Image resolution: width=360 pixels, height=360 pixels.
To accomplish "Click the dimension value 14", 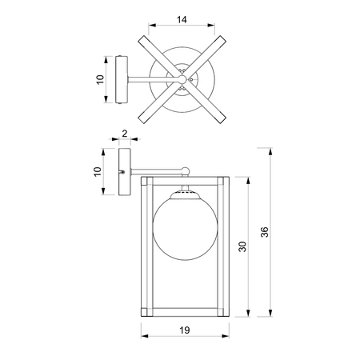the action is click(182, 20).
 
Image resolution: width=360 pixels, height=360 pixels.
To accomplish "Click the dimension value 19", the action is click(185, 330).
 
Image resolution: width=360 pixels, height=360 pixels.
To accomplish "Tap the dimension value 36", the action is click(265, 232).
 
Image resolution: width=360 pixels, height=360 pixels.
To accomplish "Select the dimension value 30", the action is click(242, 246).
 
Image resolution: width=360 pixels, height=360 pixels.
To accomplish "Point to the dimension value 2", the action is click(125, 134).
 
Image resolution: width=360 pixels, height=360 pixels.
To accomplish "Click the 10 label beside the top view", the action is click(100, 80).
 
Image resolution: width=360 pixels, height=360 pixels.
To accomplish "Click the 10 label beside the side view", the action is click(98, 171).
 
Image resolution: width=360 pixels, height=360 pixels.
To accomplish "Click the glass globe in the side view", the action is click(185, 229).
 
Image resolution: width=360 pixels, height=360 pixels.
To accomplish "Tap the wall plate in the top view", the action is click(122, 79).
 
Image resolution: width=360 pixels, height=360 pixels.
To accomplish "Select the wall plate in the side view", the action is click(125, 172).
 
